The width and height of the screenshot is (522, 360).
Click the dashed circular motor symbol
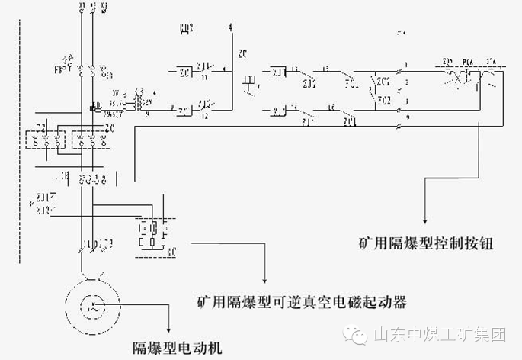tap(93, 305)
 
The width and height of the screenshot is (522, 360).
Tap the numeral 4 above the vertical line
tap(230, 28)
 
